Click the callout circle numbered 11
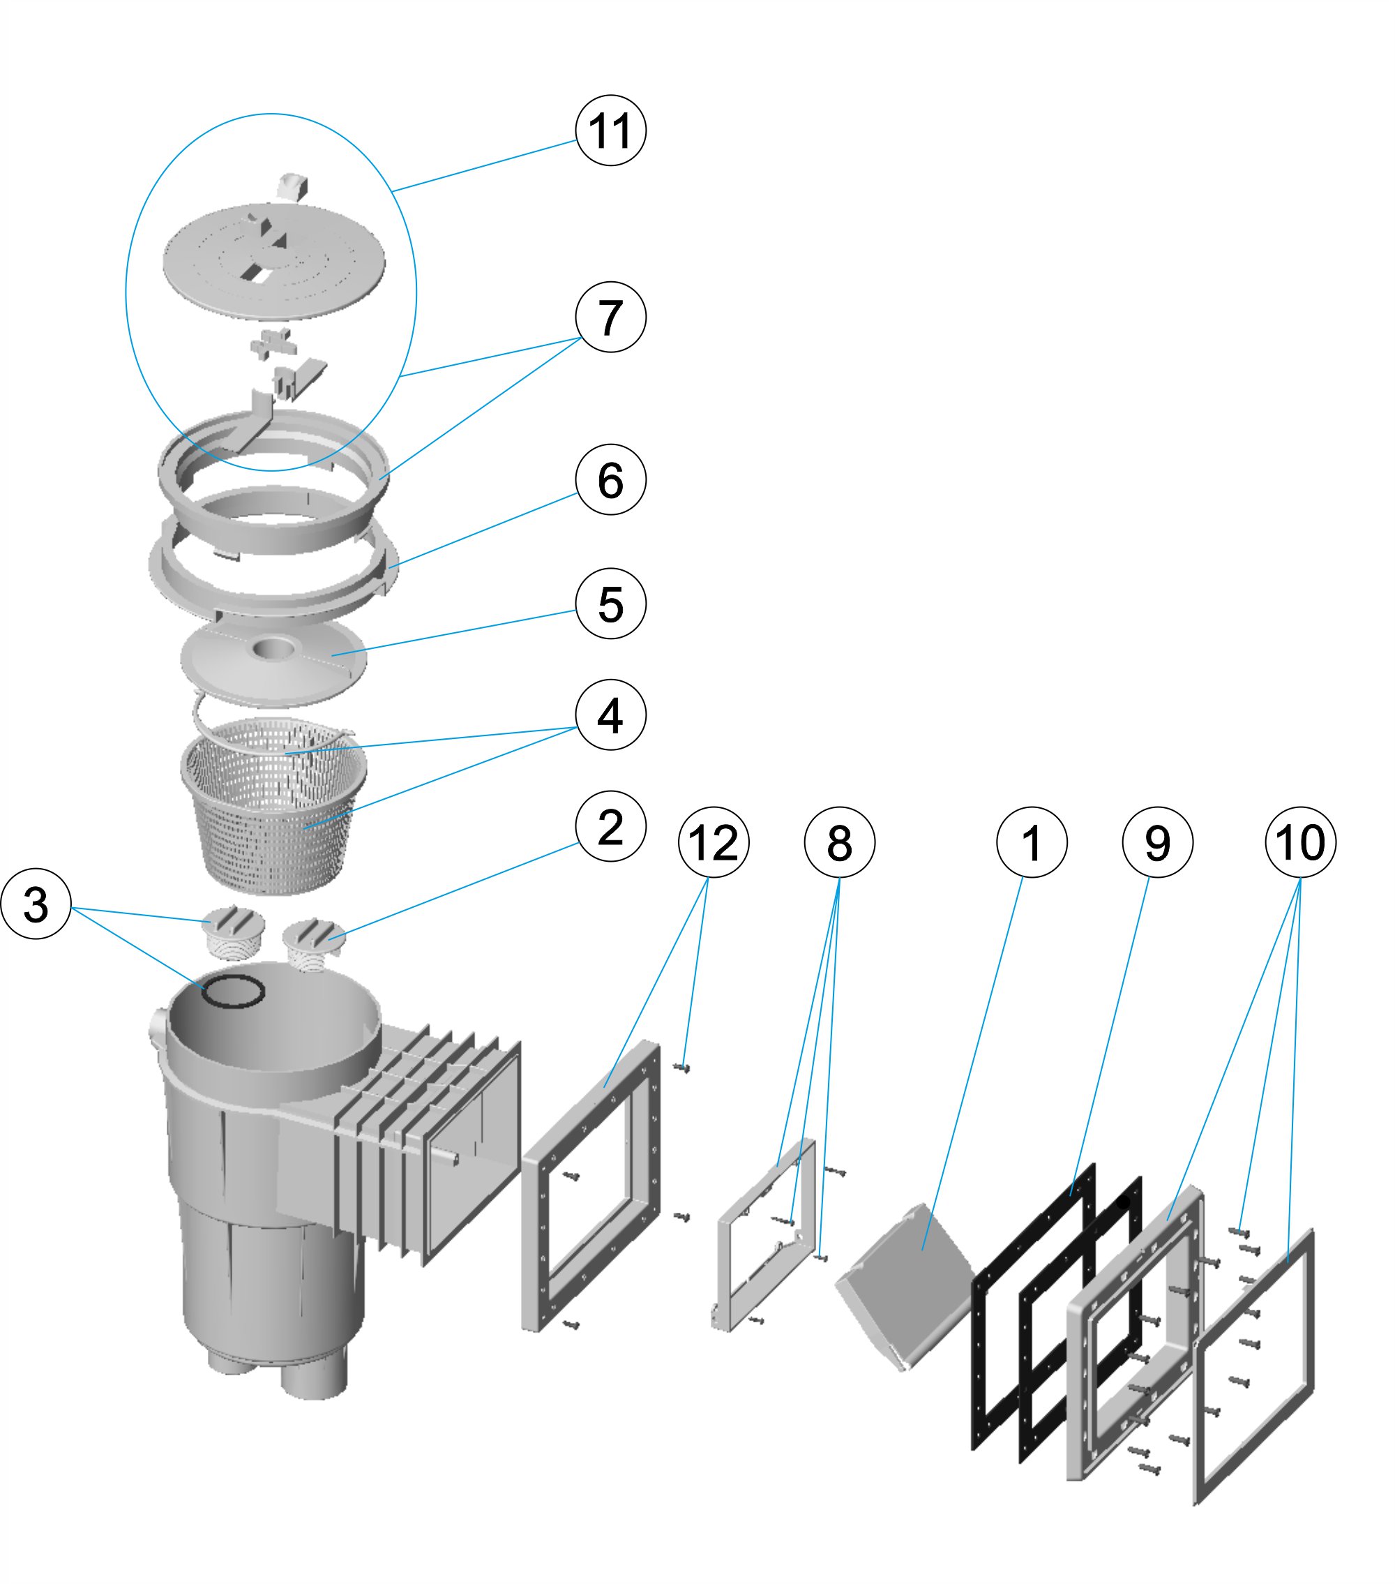[610, 130]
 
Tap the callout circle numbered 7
[610, 317]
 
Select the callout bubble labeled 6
[610, 479]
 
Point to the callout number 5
[610, 604]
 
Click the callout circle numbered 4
[610, 715]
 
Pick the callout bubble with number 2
[610, 827]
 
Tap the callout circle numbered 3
[36, 904]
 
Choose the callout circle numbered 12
[714, 842]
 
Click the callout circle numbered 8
[840, 842]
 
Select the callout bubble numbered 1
[1032, 842]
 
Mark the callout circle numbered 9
[1157, 842]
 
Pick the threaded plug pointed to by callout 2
[314, 939]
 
